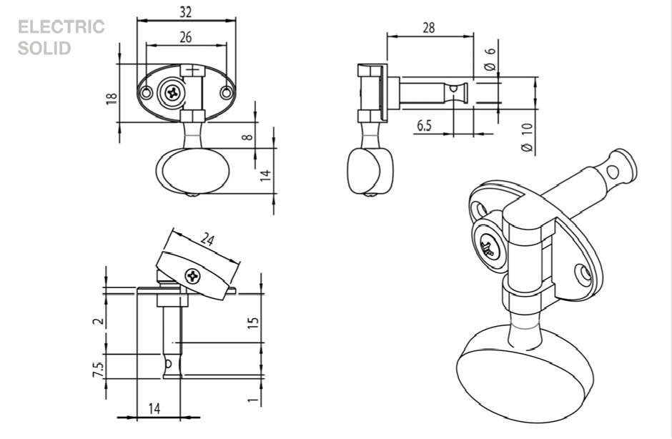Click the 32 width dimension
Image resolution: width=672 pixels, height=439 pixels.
185,12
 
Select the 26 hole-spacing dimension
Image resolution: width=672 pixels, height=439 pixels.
185,38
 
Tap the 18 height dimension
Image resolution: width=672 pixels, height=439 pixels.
112,97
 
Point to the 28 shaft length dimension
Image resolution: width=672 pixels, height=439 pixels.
429,28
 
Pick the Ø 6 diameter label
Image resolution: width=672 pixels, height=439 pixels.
490,57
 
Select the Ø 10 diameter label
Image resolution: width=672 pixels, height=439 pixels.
526,136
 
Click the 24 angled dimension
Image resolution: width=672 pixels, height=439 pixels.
207,240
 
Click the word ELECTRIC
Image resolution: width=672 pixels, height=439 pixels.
61,28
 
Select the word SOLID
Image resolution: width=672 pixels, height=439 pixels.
44,49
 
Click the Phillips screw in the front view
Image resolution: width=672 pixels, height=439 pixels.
172,92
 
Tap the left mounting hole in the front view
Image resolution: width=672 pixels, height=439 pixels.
146,93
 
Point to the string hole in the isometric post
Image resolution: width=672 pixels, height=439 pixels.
613,170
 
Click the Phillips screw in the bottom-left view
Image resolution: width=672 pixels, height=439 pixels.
194,275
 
